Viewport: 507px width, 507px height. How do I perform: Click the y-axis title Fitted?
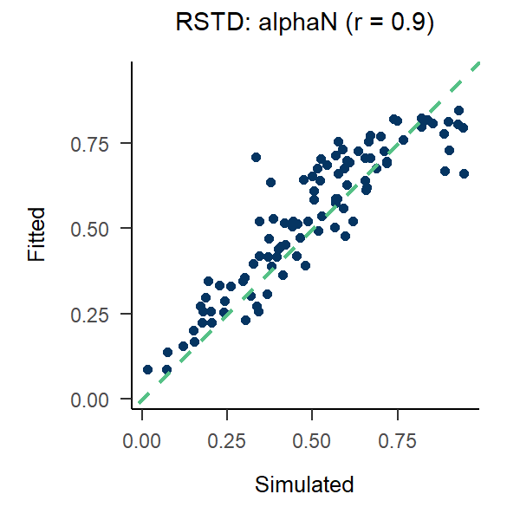point(36,233)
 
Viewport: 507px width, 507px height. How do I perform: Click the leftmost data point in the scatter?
point(147,369)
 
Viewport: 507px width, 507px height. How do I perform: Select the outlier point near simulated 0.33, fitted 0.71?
point(256,157)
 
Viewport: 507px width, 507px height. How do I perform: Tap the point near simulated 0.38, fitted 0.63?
point(270,183)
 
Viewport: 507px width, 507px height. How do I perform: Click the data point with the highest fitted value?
point(458,110)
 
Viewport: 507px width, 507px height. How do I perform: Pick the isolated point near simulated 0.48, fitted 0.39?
point(305,265)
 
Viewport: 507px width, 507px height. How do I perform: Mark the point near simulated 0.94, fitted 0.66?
point(464,173)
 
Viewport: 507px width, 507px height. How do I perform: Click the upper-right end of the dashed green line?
point(478,63)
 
